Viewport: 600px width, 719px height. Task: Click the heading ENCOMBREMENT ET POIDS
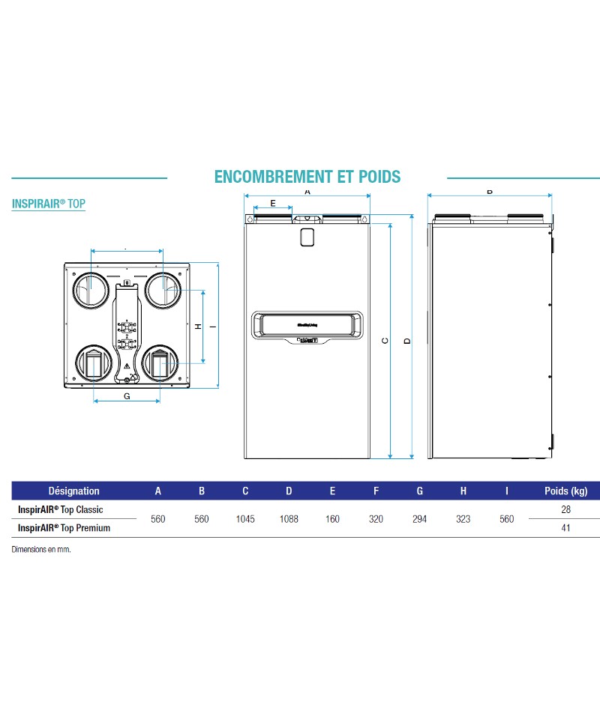pos(307,177)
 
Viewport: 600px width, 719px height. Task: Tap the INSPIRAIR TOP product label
pos(49,203)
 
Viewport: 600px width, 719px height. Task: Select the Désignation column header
pos(73,491)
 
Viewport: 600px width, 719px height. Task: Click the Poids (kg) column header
pos(565,491)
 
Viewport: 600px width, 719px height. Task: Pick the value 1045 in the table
pos(245,519)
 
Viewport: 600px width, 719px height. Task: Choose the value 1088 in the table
pos(289,519)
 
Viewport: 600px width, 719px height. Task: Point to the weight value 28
pos(565,509)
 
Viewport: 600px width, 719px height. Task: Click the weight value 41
pos(565,528)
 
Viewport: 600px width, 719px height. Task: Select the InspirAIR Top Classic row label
pos(60,509)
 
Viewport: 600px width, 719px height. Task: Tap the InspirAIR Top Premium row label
pos(64,528)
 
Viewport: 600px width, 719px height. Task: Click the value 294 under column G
pos(419,519)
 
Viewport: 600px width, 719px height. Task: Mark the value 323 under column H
pos(463,519)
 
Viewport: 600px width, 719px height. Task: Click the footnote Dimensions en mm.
pos(46,549)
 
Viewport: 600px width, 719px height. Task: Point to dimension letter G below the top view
pos(127,396)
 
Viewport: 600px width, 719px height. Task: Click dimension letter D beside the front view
pos(406,341)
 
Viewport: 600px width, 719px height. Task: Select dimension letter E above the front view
pos(272,203)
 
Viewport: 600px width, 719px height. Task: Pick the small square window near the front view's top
pos(307,237)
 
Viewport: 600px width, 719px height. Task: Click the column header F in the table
pos(376,491)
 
